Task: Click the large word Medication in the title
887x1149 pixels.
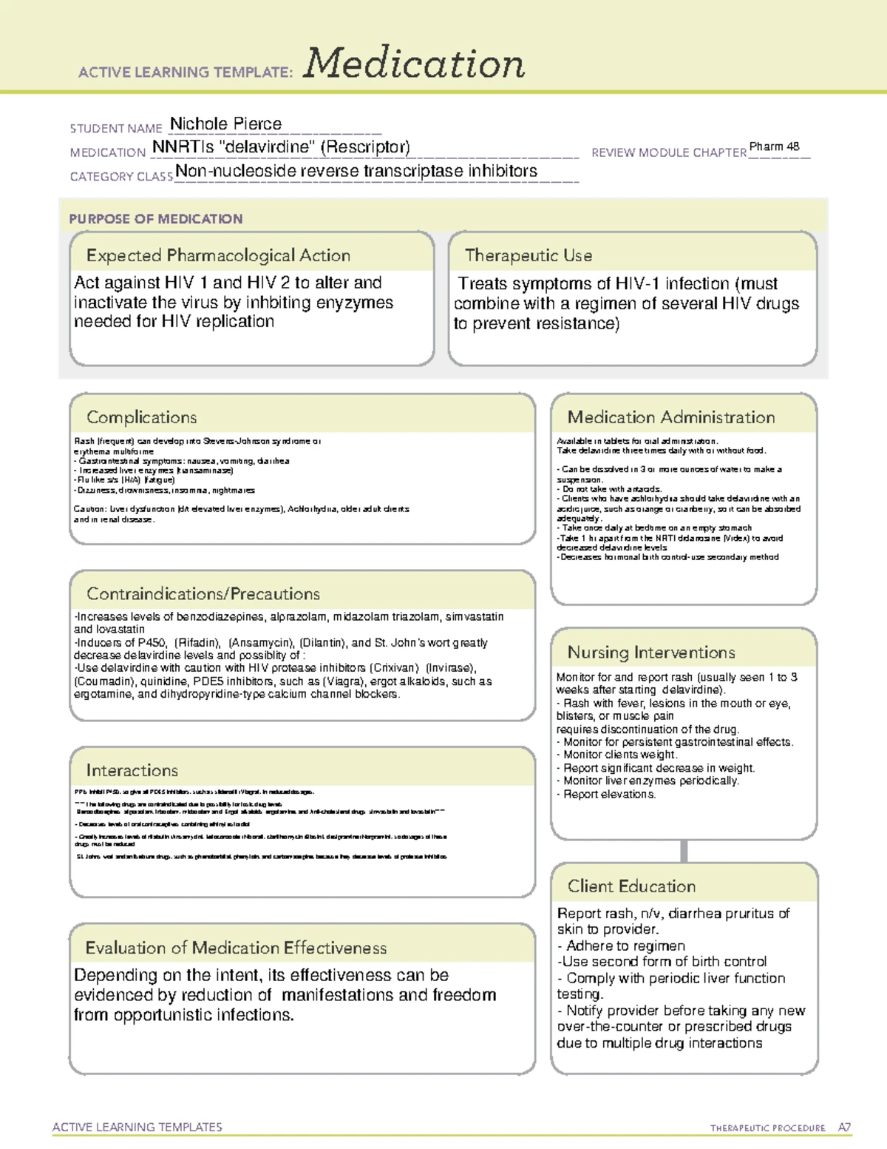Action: (x=414, y=64)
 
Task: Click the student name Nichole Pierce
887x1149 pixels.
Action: (x=225, y=124)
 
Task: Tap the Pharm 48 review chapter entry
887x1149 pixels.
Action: (x=774, y=146)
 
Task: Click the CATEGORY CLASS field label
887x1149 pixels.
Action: (x=121, y=177)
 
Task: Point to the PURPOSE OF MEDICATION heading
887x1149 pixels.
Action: (x=155, y=219)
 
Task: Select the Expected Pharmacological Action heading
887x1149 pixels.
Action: (x=218, y=255)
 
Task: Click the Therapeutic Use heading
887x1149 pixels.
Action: (x=528, y=255)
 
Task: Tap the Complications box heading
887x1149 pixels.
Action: (x=141, y=417)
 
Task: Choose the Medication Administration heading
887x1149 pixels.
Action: (x=670, y=417)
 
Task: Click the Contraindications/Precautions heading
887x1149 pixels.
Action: (x=203, y=594)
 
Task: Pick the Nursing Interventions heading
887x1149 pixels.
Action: (x=650, y=653)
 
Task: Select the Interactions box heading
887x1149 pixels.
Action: (x=132, y=770)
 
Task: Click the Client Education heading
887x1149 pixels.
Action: (x=631, y=886)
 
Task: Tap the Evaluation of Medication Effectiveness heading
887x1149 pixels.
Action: (x=236, y=948)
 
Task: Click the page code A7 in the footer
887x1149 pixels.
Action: (x=844, y=1128)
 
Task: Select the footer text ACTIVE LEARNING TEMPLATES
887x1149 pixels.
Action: (x=137, y=1127)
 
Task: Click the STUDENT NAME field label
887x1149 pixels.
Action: (x=116, y=129)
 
